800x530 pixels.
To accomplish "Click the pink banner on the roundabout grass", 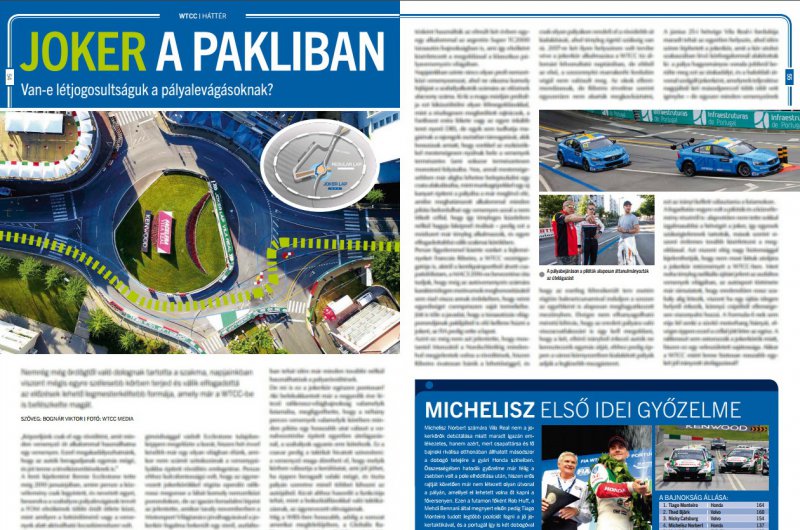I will (x=163, y=231).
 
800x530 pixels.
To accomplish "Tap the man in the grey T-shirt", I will (x=627, y=231).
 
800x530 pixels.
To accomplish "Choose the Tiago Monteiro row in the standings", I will (x=711, y=505).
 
